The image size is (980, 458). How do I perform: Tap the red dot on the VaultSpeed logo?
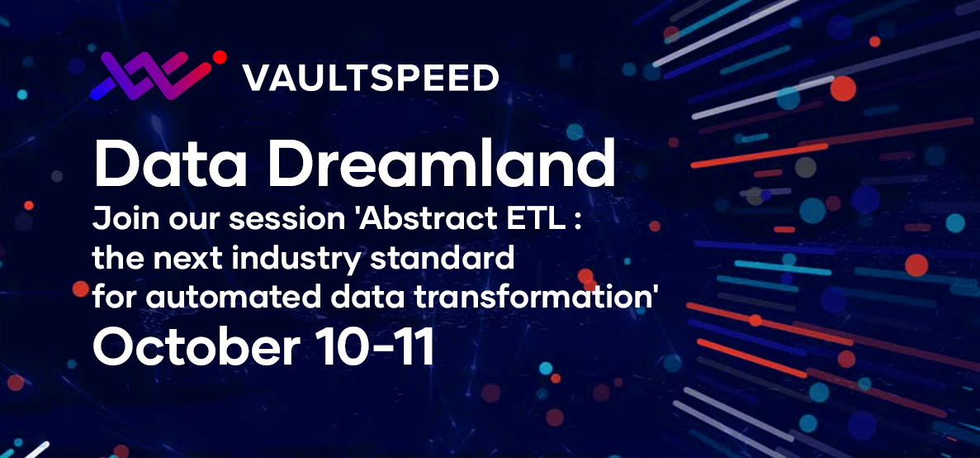click(219, 58)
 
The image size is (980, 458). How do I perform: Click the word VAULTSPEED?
click(371, 79)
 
